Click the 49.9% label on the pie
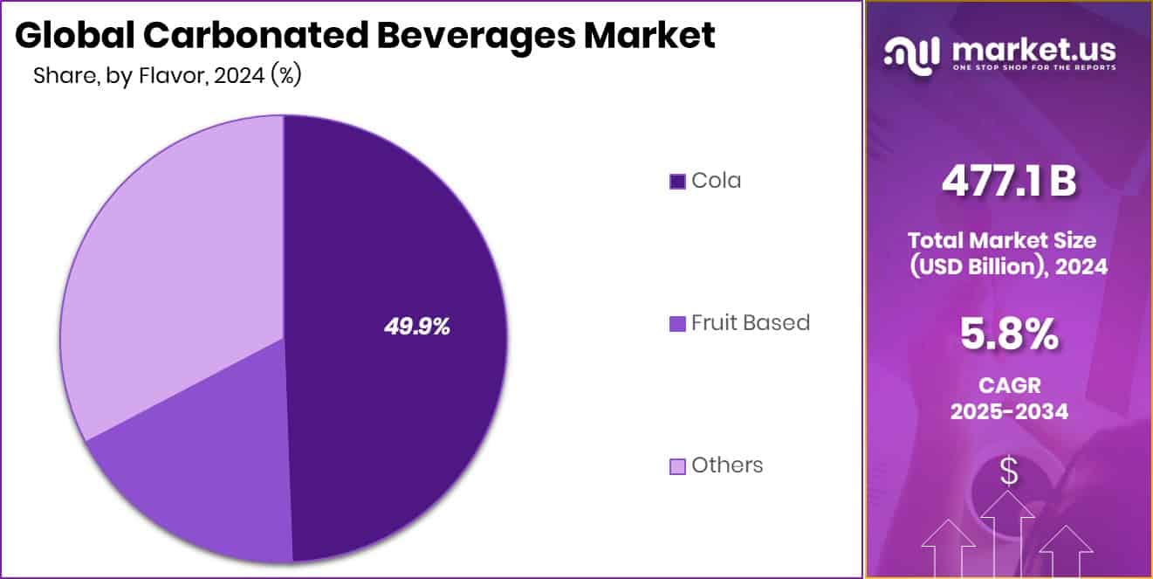click(416, 327)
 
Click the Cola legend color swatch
click(677, 182)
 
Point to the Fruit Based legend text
click(751, 323)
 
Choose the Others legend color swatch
click(677, 466)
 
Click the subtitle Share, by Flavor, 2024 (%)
click(167, 76)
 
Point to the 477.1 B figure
click(1008, 183)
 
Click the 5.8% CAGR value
click(1008, 335)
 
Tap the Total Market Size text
click(1008, 240)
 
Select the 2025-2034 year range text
click(1008, 411)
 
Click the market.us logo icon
click(913, 54)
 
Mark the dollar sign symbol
click(1008, 472)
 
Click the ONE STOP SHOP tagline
click(1034, 68)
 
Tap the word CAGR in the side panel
click(1008, 385)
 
